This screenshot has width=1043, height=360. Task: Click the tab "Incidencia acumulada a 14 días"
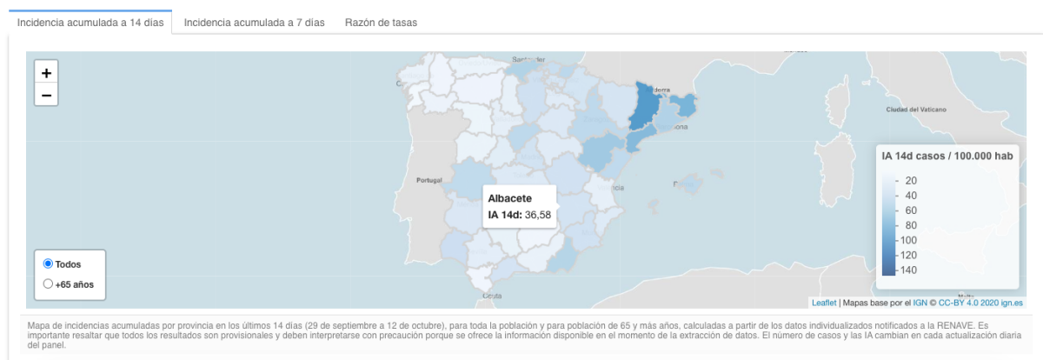point(90,23)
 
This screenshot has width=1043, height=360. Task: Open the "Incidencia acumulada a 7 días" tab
point(254,23)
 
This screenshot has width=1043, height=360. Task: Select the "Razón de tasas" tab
point(381,23)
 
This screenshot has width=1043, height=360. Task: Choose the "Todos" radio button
point(49,263)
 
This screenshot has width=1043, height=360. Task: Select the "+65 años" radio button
point(49,283)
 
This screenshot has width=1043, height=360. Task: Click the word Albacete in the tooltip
point(510,198)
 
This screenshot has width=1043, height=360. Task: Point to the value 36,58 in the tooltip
point(538,215)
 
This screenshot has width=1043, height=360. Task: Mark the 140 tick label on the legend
point(909,270)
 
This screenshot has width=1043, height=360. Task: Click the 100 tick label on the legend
point(909,240)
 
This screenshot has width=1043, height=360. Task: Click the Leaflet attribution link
point(824,303)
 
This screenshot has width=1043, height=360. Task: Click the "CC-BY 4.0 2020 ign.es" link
point(980,303)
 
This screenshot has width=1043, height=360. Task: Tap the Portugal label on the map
point(430,180)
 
